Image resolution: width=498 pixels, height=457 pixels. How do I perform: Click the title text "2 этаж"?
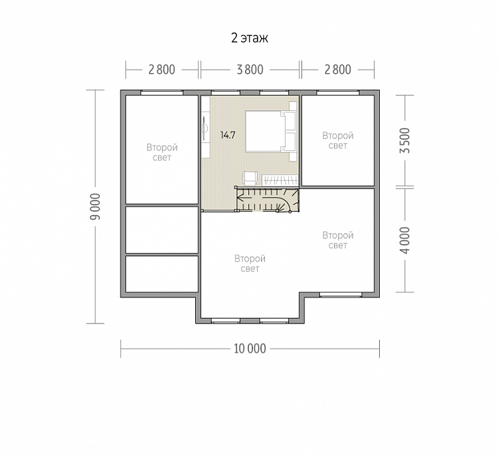pos(250,38)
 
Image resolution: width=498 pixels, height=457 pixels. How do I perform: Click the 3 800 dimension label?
pos(250,70)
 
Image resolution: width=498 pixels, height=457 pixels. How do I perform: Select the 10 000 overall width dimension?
pos(250,349)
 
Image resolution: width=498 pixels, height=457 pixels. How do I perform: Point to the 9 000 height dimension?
pos(95,207)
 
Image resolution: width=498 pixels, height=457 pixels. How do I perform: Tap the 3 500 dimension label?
pos(405,140)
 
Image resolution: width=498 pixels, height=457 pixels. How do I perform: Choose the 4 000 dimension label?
pos(405,240)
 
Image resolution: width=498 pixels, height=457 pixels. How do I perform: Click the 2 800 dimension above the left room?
pos(161,70)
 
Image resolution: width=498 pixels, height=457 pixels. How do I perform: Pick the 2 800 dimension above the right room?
pos(337,70)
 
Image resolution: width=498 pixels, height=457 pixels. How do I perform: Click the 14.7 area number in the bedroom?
pos(228,136)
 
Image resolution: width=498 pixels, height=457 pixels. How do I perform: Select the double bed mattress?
pos(265,132)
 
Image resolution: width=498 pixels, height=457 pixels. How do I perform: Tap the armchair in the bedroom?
pos(250,178)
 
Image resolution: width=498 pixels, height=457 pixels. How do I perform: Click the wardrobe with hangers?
pos(280,180)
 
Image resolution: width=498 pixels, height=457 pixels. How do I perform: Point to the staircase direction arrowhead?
pos(240,199)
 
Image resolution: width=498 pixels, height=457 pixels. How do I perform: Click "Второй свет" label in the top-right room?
pos(337,140)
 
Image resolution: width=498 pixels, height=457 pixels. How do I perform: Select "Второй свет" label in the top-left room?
pos(162,153)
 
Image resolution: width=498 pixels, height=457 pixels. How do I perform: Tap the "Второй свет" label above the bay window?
pos(250,264)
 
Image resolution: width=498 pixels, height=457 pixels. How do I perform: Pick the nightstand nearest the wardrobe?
pos(293,156)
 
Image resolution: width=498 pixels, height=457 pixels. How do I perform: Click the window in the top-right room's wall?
pos(337,92)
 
